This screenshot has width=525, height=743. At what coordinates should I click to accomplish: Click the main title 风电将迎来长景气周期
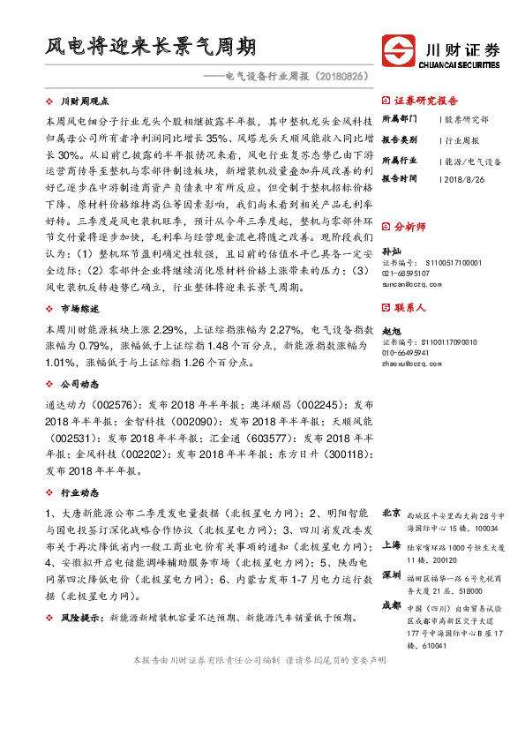[151, 47]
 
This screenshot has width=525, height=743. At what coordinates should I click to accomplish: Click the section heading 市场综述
[74, 309]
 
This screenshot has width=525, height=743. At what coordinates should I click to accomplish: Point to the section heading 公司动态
[74, 385]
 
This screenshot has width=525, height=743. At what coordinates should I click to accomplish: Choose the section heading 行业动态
[74, 492]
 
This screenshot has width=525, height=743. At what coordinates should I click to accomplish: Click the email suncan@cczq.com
[410, 284]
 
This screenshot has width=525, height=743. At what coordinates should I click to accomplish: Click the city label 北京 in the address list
[391, 514]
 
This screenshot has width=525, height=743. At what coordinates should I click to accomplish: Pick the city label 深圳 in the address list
[391, 575]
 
